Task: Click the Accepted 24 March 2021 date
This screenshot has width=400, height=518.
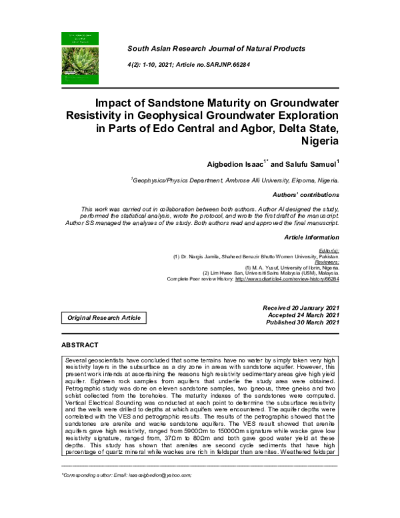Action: [x=303, y=314]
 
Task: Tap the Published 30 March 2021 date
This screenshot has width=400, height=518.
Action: [x=303, y=322]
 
